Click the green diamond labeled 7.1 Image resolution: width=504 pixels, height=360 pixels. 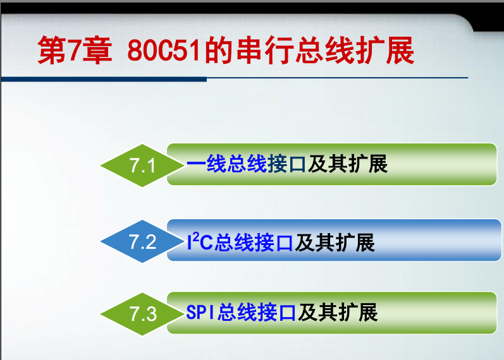pos(142,165)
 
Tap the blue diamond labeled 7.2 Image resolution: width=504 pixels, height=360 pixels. pos(142,241)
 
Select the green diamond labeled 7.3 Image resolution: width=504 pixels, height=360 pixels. pos(142,314)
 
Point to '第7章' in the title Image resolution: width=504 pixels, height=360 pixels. pos(75,51)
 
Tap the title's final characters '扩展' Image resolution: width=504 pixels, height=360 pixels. pos(385,51)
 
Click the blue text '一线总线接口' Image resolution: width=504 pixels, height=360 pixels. pos(246,164)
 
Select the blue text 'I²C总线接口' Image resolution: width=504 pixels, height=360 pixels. pos(240,242)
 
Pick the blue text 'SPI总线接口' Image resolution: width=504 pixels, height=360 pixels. pos(241,312)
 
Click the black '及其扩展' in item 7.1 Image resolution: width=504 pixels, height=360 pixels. pos(348,164)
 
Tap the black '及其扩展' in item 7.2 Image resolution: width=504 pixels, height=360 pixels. pos(335,242)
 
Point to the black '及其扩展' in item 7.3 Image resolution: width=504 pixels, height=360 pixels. pos(338,312)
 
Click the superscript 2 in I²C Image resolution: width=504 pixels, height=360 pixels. pos(196,236)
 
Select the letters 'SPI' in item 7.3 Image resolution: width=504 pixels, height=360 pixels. pos(200,312)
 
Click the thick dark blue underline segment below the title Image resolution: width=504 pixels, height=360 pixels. pos(104,79)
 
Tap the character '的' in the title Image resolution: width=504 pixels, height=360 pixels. pos(219,51)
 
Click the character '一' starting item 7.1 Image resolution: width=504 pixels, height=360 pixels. pos(197,164)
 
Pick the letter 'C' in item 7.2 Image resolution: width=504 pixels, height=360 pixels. pos(206,243)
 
